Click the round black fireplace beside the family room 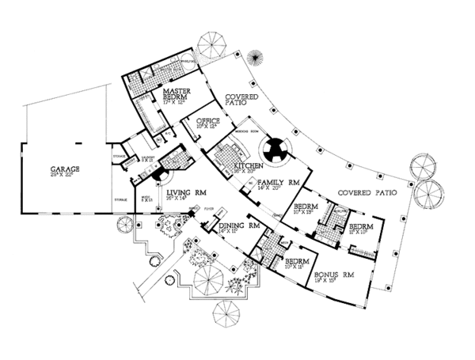coord(277,150)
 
